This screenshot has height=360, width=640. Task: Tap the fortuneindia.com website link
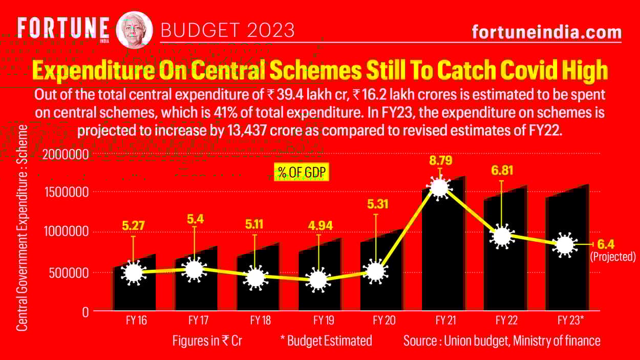coord(546,32)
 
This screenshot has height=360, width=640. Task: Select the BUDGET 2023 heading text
coord(227,30)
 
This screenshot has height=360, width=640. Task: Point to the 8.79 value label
coord(440,161)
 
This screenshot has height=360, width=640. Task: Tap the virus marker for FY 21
coord(439,187)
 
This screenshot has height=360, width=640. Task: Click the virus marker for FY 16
coord(133,272)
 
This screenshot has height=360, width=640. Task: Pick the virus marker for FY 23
coord(564,245)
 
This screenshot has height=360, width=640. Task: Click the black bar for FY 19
coord(319,297)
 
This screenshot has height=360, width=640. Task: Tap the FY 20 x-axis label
coord(384,321)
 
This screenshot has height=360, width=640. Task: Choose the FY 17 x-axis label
coord(198,321)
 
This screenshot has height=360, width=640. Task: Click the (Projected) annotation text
coord(612,257)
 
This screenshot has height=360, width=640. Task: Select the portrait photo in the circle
coord(135,29)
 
